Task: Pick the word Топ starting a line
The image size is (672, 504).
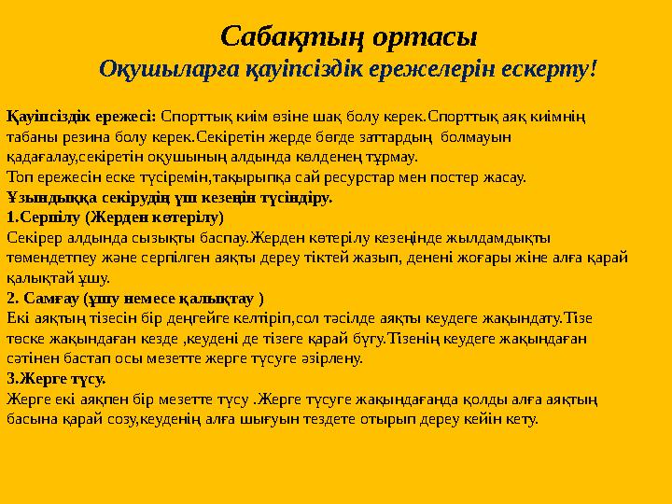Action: point(19,175)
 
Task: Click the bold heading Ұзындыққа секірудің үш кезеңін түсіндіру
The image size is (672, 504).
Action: point(170,197)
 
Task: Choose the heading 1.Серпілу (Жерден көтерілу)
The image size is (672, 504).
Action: point(115,217)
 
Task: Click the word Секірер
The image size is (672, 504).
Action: point(34,237)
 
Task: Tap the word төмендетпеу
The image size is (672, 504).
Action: point(52,257)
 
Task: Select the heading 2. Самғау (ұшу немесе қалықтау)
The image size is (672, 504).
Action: point(134,298)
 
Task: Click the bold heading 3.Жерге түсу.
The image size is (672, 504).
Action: point(56,378)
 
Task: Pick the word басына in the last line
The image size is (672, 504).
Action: point(31,418)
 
